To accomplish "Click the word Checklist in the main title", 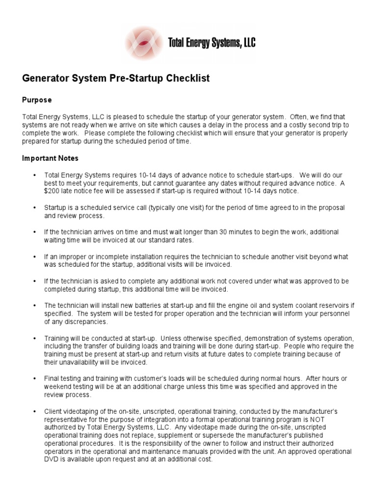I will coord(187,78).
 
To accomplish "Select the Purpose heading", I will coord(37,100).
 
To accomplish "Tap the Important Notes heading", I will coord(50,158).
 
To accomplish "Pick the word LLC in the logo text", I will coord(248,44).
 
